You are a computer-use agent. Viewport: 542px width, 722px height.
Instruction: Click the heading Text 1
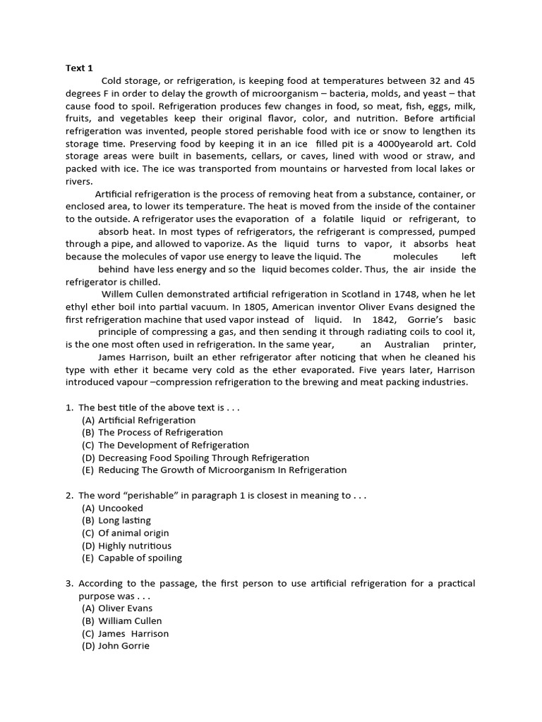coord(79,68)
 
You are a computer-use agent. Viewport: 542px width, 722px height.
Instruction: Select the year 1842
coord(385,319)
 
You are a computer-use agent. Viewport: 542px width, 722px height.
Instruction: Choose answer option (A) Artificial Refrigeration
coord(139,420)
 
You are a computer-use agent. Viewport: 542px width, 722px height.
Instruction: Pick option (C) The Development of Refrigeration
coord(166,445)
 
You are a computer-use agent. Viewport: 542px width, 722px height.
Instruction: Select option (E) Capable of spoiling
coord(132,558)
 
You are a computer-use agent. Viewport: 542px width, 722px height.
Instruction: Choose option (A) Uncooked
coord(112,508)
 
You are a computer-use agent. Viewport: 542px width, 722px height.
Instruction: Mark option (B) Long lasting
coord(116,520)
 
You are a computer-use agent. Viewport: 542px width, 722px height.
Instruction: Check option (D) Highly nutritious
coord(126,546)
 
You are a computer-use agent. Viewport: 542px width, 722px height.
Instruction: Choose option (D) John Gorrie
coord(116,646)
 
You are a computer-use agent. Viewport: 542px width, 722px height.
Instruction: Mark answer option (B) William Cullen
coord(122,621)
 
